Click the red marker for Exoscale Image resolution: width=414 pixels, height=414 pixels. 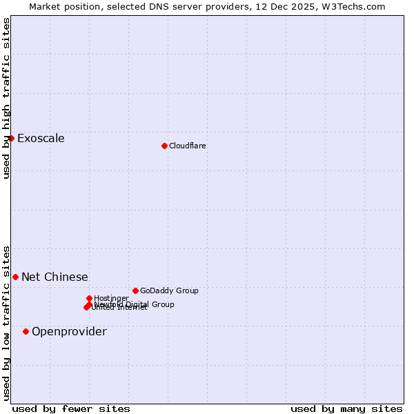[12, 138]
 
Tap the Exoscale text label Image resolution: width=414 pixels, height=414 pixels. [41, 138]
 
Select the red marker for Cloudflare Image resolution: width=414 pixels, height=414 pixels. [164, 146]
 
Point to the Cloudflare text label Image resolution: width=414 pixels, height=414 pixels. [187, 146]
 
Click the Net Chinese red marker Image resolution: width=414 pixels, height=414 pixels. [15, 277]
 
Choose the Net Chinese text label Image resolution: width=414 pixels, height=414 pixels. [55, 277]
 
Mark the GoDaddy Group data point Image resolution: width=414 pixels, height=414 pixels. [135, 290]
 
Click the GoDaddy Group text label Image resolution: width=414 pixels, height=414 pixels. [169, 290]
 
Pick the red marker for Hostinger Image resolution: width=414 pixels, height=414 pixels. [89, 298]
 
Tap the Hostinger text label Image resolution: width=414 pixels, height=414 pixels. [111, 298]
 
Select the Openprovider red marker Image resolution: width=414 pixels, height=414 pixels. [26, 331]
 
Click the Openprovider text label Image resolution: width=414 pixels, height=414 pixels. [69, 331]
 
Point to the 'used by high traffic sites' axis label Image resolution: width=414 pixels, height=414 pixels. [6, 98]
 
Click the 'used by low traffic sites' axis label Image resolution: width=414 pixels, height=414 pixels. [6, 322]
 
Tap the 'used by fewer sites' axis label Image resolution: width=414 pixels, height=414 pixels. [71, 408]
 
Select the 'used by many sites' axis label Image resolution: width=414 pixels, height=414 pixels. [346, 408]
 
